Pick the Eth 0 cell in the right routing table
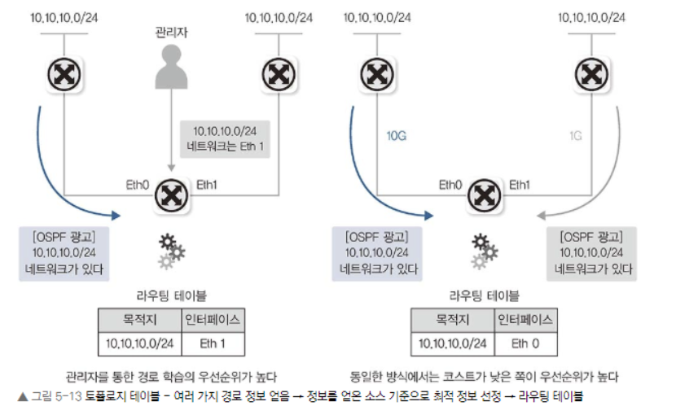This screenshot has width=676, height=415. (x=525, y=343)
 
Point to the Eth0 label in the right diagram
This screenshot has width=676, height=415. (x=450, y=185)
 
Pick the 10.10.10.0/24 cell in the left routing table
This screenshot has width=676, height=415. (x=141, y=343)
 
